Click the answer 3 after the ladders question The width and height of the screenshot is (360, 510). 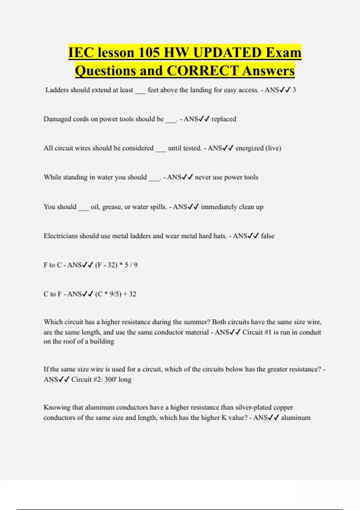click(294, 90)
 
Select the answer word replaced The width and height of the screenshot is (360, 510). click(224, 119)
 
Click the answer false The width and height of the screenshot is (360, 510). click(268, 236)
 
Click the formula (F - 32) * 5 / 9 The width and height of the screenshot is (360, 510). click(116, 265)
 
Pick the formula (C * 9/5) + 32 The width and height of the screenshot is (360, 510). click(116, 294)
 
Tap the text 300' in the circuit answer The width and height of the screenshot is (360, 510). click(110, 379)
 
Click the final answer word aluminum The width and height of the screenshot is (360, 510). click(295, 418)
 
